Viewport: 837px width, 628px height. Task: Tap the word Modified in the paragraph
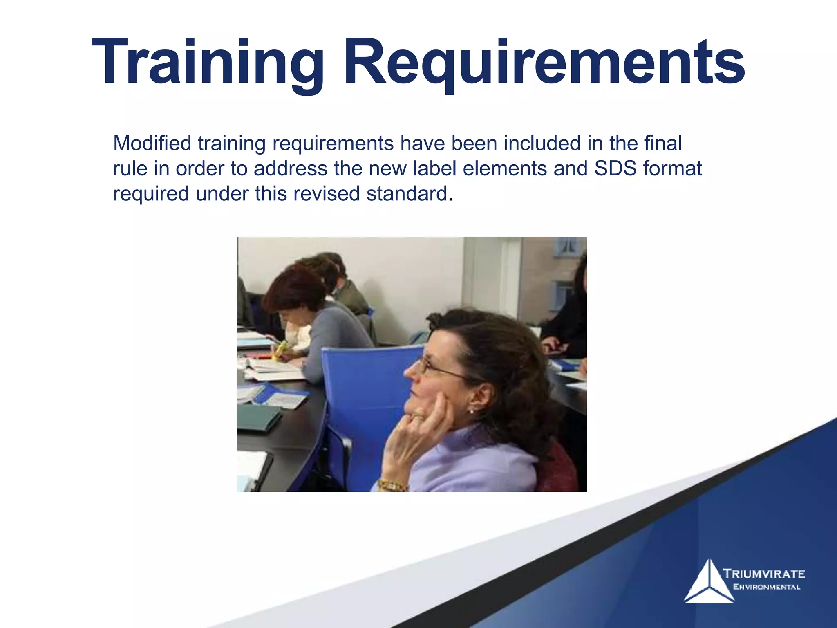pos(152,144)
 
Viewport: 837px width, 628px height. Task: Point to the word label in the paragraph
pos(434,168)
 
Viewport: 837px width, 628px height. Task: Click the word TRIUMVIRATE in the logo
pos(764,574)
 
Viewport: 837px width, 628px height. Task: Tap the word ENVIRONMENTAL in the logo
pos(767,587)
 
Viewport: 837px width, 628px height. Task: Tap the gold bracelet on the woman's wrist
pos(391,486)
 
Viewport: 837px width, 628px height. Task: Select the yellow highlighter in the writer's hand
pos(281,349)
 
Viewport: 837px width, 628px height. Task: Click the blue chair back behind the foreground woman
pos(364,392)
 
